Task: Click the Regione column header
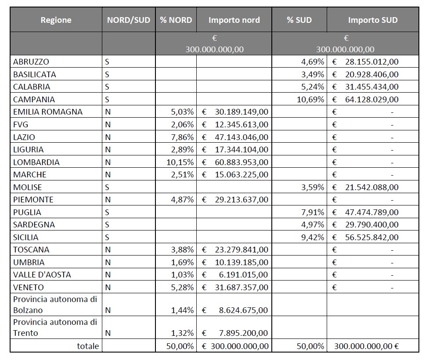click(x=56, y=20)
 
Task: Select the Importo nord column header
click(x=234, y=20)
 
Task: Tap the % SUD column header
click(x=299, y=20)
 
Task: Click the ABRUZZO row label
click(x=31, y=61)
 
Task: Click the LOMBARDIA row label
click(x=36, y=162)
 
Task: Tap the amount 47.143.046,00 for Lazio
click(x=241, y=137)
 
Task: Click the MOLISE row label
click(x=28, y=187)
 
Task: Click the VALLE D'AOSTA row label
click(x=42, y=275)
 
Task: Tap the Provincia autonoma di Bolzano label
click(x=55, y=304)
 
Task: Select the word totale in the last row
click(x=88, y=346)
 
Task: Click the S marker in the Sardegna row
click(x=107, y=224)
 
